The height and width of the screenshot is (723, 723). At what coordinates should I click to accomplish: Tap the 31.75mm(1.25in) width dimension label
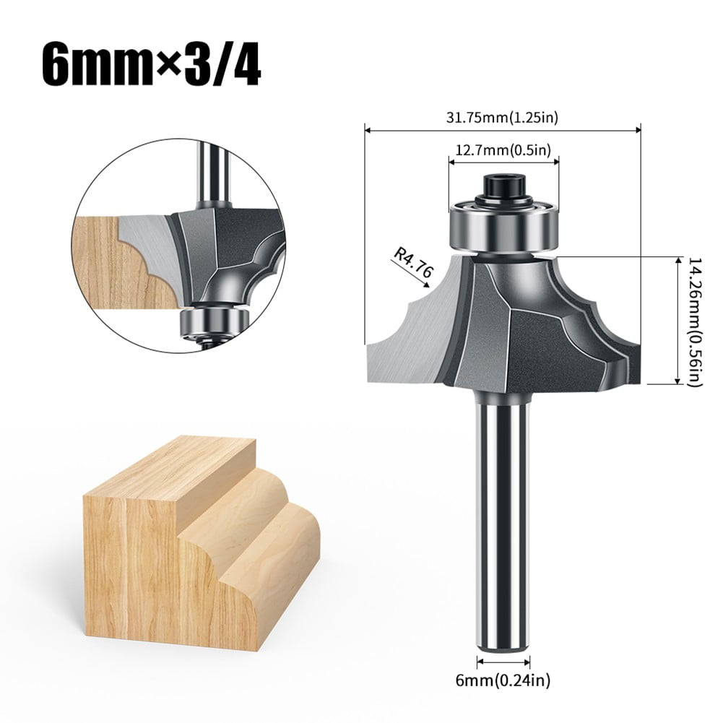503,116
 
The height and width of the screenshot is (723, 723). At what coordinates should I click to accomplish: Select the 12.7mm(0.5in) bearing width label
503,150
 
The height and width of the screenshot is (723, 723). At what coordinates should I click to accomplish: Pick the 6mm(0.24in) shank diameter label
503,679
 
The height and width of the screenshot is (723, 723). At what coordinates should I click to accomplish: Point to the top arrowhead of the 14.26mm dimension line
677,259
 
